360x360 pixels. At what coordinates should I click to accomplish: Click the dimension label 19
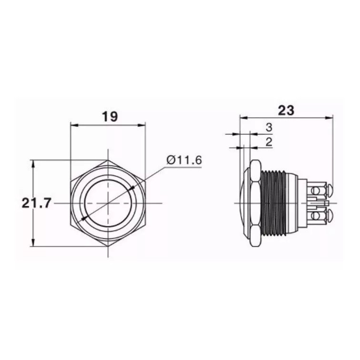(110, 116)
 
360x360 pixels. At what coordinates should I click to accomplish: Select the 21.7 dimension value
(36, 203)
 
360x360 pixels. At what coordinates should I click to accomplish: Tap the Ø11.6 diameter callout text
(184, 160)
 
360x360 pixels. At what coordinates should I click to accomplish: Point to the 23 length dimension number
(286, 110)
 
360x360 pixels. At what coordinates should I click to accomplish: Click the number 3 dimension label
(269, 127)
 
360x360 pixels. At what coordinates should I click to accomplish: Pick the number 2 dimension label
(269, 142)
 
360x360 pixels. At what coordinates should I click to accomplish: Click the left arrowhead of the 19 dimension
(74, 125)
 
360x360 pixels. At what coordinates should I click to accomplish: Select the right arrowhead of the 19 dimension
(142, 125)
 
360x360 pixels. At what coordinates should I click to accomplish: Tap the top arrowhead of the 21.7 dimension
(33, 164)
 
